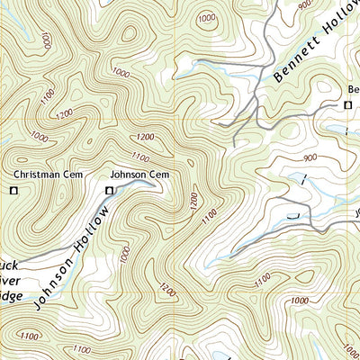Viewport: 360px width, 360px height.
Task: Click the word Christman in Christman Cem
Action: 34,174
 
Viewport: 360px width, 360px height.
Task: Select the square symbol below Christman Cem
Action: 13,190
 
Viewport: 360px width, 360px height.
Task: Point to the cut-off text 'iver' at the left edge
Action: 9,279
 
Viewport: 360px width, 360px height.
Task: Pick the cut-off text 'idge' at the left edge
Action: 9,293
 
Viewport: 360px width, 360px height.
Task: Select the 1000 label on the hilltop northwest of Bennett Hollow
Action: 207,18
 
